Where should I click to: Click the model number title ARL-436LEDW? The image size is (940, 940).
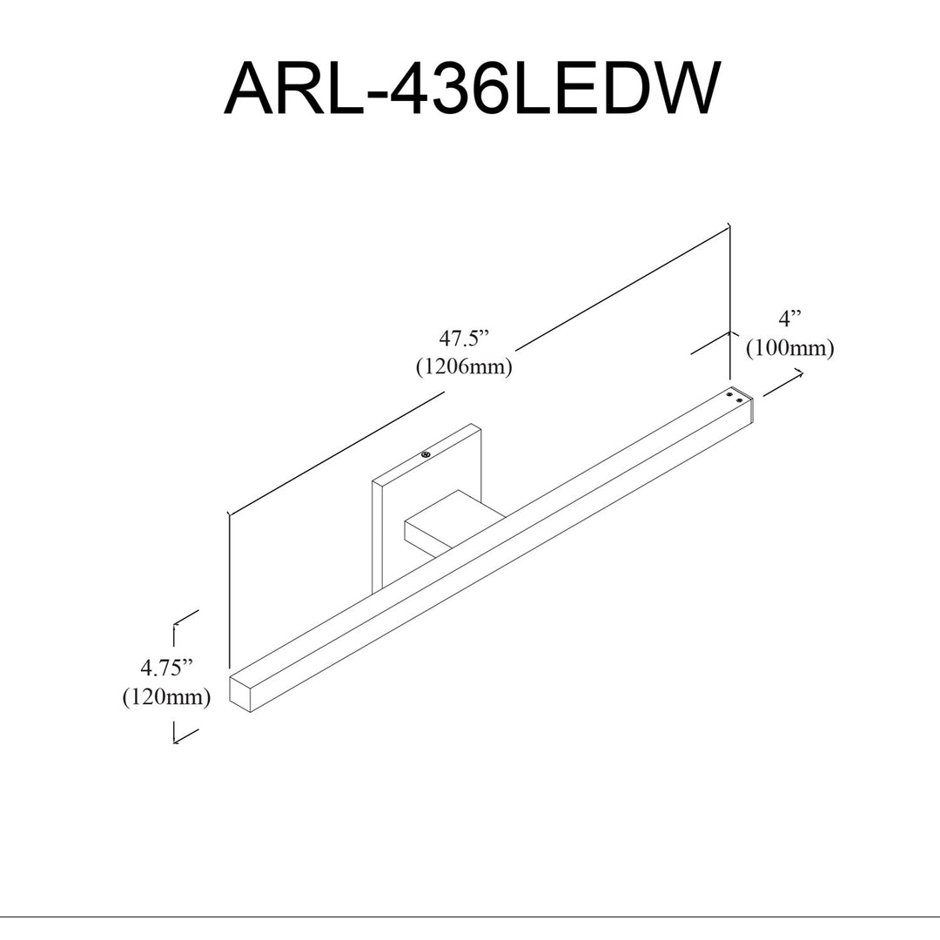point(471,90)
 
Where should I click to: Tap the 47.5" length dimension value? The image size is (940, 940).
point(465,339)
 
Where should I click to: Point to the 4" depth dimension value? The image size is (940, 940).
point(789,319)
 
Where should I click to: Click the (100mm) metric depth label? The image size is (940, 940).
point(789,347)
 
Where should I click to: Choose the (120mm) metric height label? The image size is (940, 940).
point(166,696)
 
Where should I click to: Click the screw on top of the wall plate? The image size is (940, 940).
point(426,454)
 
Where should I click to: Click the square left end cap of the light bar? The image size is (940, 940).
point(240,695)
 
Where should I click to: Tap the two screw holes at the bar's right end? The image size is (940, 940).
point(735,397)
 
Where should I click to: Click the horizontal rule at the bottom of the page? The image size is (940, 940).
point(470,916)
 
